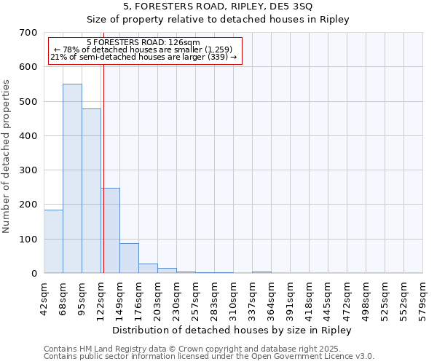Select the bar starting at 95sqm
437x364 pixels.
click(91, 191)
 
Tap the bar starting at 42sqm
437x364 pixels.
click(53, 241)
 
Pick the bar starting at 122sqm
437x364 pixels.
click(110, 230)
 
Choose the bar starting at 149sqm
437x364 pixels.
click(129, 258)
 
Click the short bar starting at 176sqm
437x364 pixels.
click(148, 268)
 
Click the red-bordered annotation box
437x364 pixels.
click(143, 50)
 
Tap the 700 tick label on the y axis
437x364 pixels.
click(28, 33)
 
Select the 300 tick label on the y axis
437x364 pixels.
click(28, 170)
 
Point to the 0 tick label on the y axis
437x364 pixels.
click(34, 274)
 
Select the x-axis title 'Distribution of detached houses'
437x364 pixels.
click(233, 330)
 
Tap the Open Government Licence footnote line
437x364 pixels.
click(208, 357)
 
